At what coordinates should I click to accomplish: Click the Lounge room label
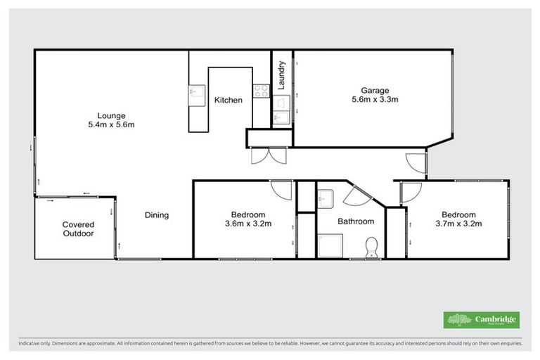pyautogui.click(x=111, y=115)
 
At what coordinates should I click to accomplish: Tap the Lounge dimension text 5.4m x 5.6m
pyautogui.click(x=111, y=124)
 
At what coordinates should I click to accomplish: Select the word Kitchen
pyautogui.click(x=229, y=101)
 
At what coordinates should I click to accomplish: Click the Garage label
pyautogui.click(x=375, y=90)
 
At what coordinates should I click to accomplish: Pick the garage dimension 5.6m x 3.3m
pyautogui.click(x=375, y=100)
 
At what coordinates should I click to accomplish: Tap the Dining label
pyautogui.click(x=157, y=215)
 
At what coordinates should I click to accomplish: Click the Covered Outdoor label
pyautogui.click(x=78, y=229)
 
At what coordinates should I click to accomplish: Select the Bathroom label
pyautogui.click(x=356, y=221)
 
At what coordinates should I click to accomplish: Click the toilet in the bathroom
pyautogui.click(x=372, y=247)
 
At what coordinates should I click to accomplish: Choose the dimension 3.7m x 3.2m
pyautogui.click(x=458, y=224)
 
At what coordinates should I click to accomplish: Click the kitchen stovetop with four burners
pyautogui.click(x=261, y=91)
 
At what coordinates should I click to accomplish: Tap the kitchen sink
pyautogui.click(x=195, y=91)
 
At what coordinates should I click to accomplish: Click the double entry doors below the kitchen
pyautogui.click(x=268, y=155)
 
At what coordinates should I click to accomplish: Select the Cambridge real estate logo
pyautogui.click(x=482, y=320)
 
